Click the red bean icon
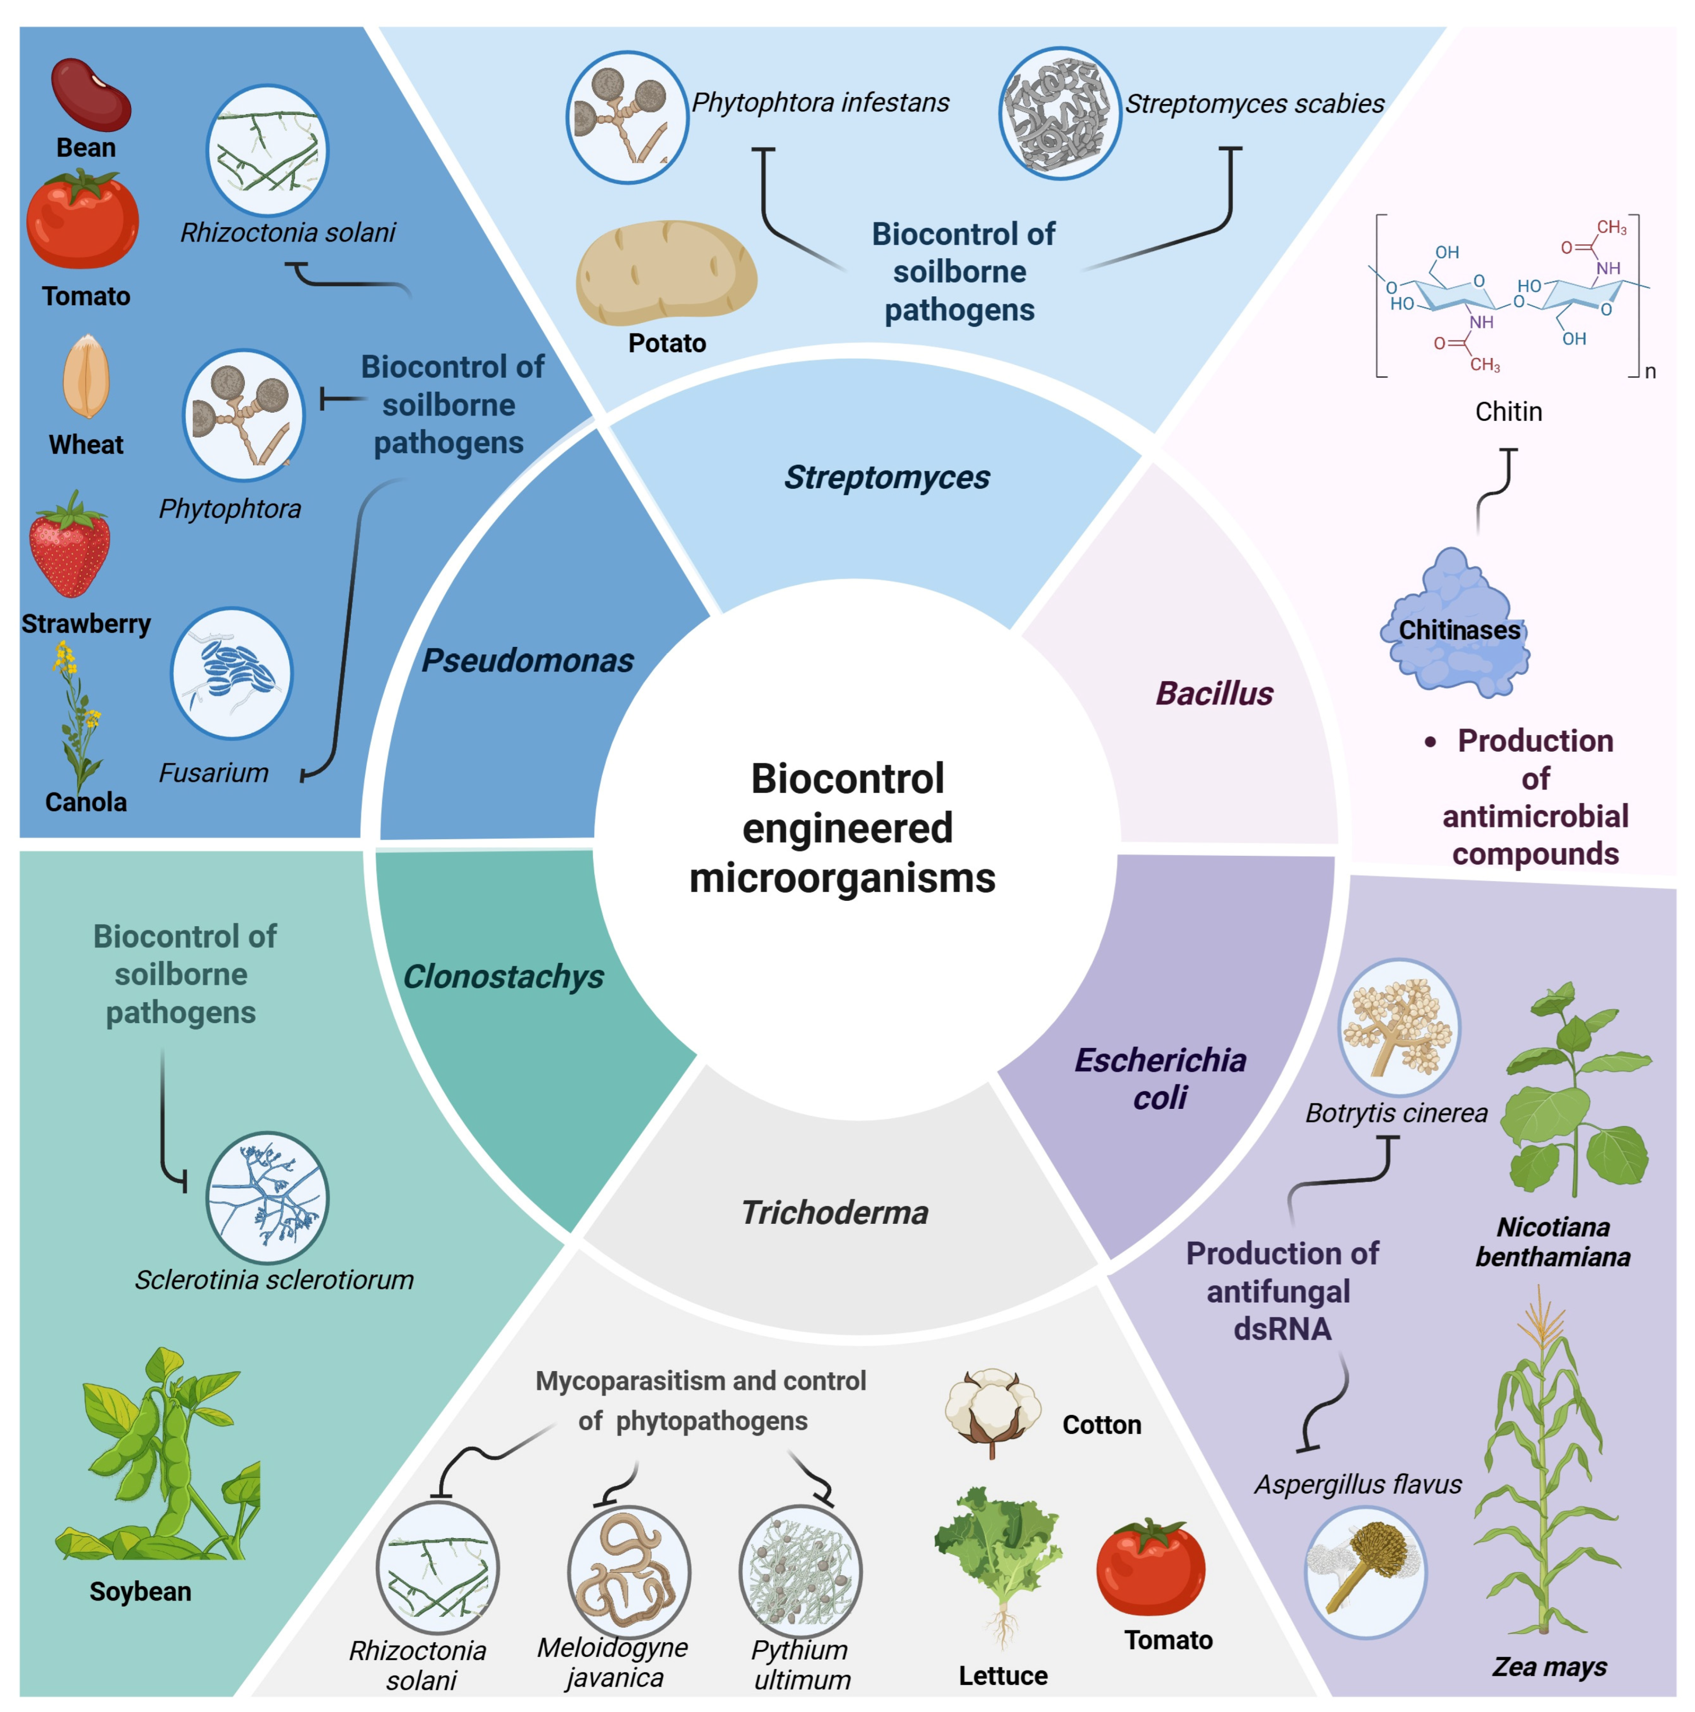tap(90, 95)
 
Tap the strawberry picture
tap(70, 544)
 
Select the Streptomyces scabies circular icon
tap(1060, 114)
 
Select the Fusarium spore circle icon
tap(231, 674)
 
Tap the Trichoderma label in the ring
tap(835, 1212)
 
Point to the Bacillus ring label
tap(1214, 693)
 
